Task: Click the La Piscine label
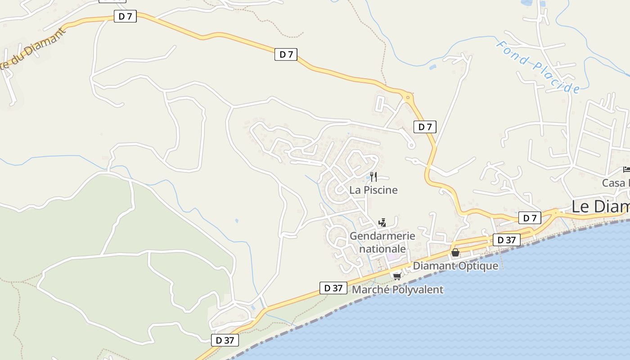click(373, 190)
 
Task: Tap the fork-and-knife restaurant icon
click(373, 176)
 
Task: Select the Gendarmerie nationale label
click(382, 242)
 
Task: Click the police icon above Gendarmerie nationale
click(382, 222)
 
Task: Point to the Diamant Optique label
click(455, 266)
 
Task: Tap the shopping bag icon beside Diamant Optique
click(455, 252)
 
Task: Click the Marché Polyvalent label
click(397, 290)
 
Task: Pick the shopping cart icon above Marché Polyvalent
click(397, 276)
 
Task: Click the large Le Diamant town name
click(600, 207)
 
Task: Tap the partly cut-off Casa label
click(616, 183)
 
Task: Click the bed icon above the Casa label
click(626, 169)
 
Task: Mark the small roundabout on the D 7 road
click(408, 97)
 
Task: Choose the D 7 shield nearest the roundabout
click(425, 127)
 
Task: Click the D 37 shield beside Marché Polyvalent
click(333, 288)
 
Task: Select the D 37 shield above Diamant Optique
click(507, 240)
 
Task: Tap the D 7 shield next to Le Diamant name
click(530, 218)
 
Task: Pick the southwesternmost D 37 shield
click(225, 340)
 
